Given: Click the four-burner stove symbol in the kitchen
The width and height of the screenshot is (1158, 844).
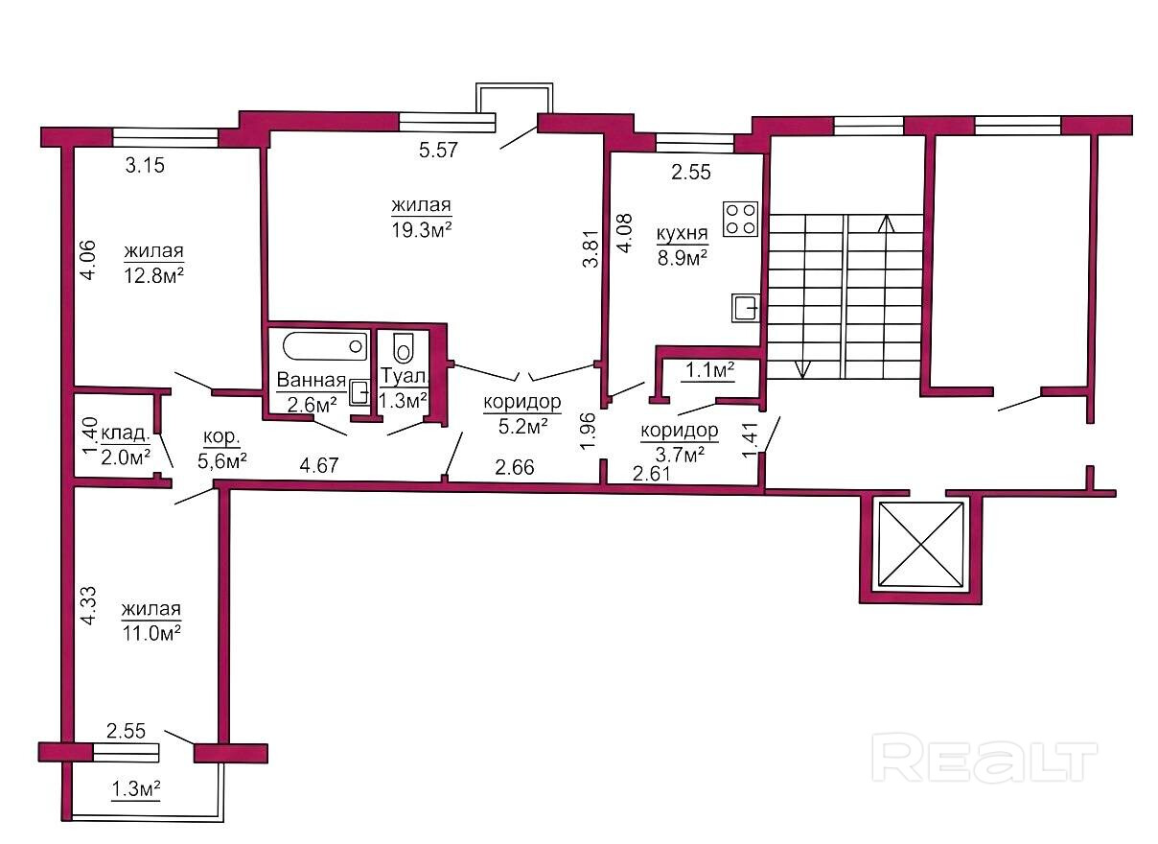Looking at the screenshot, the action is pyautogui.click(x=740, y=220).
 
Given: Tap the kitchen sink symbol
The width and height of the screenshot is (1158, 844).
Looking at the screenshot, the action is pyautogui.click(x=746, y=308).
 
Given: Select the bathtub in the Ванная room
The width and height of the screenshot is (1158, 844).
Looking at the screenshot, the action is pyautogui.click(x=325, y=346).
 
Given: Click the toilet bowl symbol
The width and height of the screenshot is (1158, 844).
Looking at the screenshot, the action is pyautogui.click(x=404, y=347).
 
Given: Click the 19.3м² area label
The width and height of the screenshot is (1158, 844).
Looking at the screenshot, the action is pyautogui.click(x=422, y=229).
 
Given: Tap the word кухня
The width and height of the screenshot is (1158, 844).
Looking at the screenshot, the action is pyautogui.click(x=682, y=233).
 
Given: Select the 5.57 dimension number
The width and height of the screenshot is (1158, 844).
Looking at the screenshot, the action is pyautogui.click(x=438, y=150).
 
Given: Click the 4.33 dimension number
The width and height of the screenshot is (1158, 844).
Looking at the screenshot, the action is pyautogui.click(x=89, y=605).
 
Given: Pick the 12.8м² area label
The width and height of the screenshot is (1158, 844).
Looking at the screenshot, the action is pyautogui.click(x=153, y=275).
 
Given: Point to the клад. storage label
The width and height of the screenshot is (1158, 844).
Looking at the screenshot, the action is pyautogui.click(x=126, y=433).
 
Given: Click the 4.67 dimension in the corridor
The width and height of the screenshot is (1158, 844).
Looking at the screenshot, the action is pyautogui.click(x=319, y=465).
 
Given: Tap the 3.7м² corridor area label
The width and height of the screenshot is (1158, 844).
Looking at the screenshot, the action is pyautogui.click(x=680, y=455).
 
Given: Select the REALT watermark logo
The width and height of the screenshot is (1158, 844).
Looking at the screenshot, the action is pyautogui.click(x=984, y=757).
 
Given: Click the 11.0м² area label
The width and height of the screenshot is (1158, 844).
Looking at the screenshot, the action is pyautogui.click(x=151, y=633).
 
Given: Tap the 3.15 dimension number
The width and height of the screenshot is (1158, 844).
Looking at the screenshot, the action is pyautogui.click(x=145, y=166).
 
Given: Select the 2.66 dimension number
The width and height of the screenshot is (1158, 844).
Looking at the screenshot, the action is pyautogui.click(x=515, y=467).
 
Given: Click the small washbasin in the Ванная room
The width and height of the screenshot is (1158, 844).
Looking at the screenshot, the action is pyautogui.click(x=359, y=392).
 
